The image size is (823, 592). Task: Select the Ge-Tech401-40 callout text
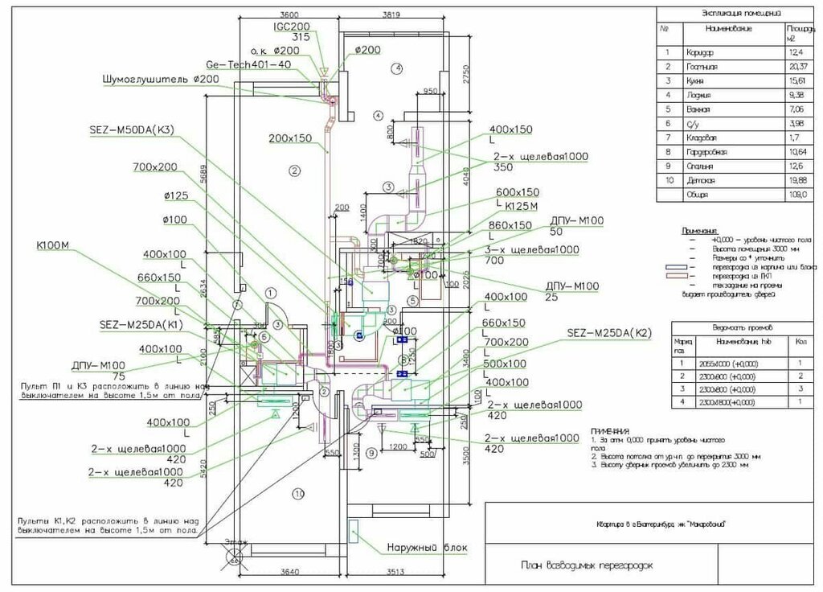(x=248, y=64)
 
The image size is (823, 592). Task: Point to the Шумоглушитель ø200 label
(x=160, y=80)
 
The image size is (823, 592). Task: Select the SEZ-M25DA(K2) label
(x=608, y=332)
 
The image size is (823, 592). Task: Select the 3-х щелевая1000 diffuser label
(x=533, y=250)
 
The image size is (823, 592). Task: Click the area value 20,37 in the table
(x=798, y=67)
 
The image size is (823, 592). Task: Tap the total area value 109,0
(x=797, y=195)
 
